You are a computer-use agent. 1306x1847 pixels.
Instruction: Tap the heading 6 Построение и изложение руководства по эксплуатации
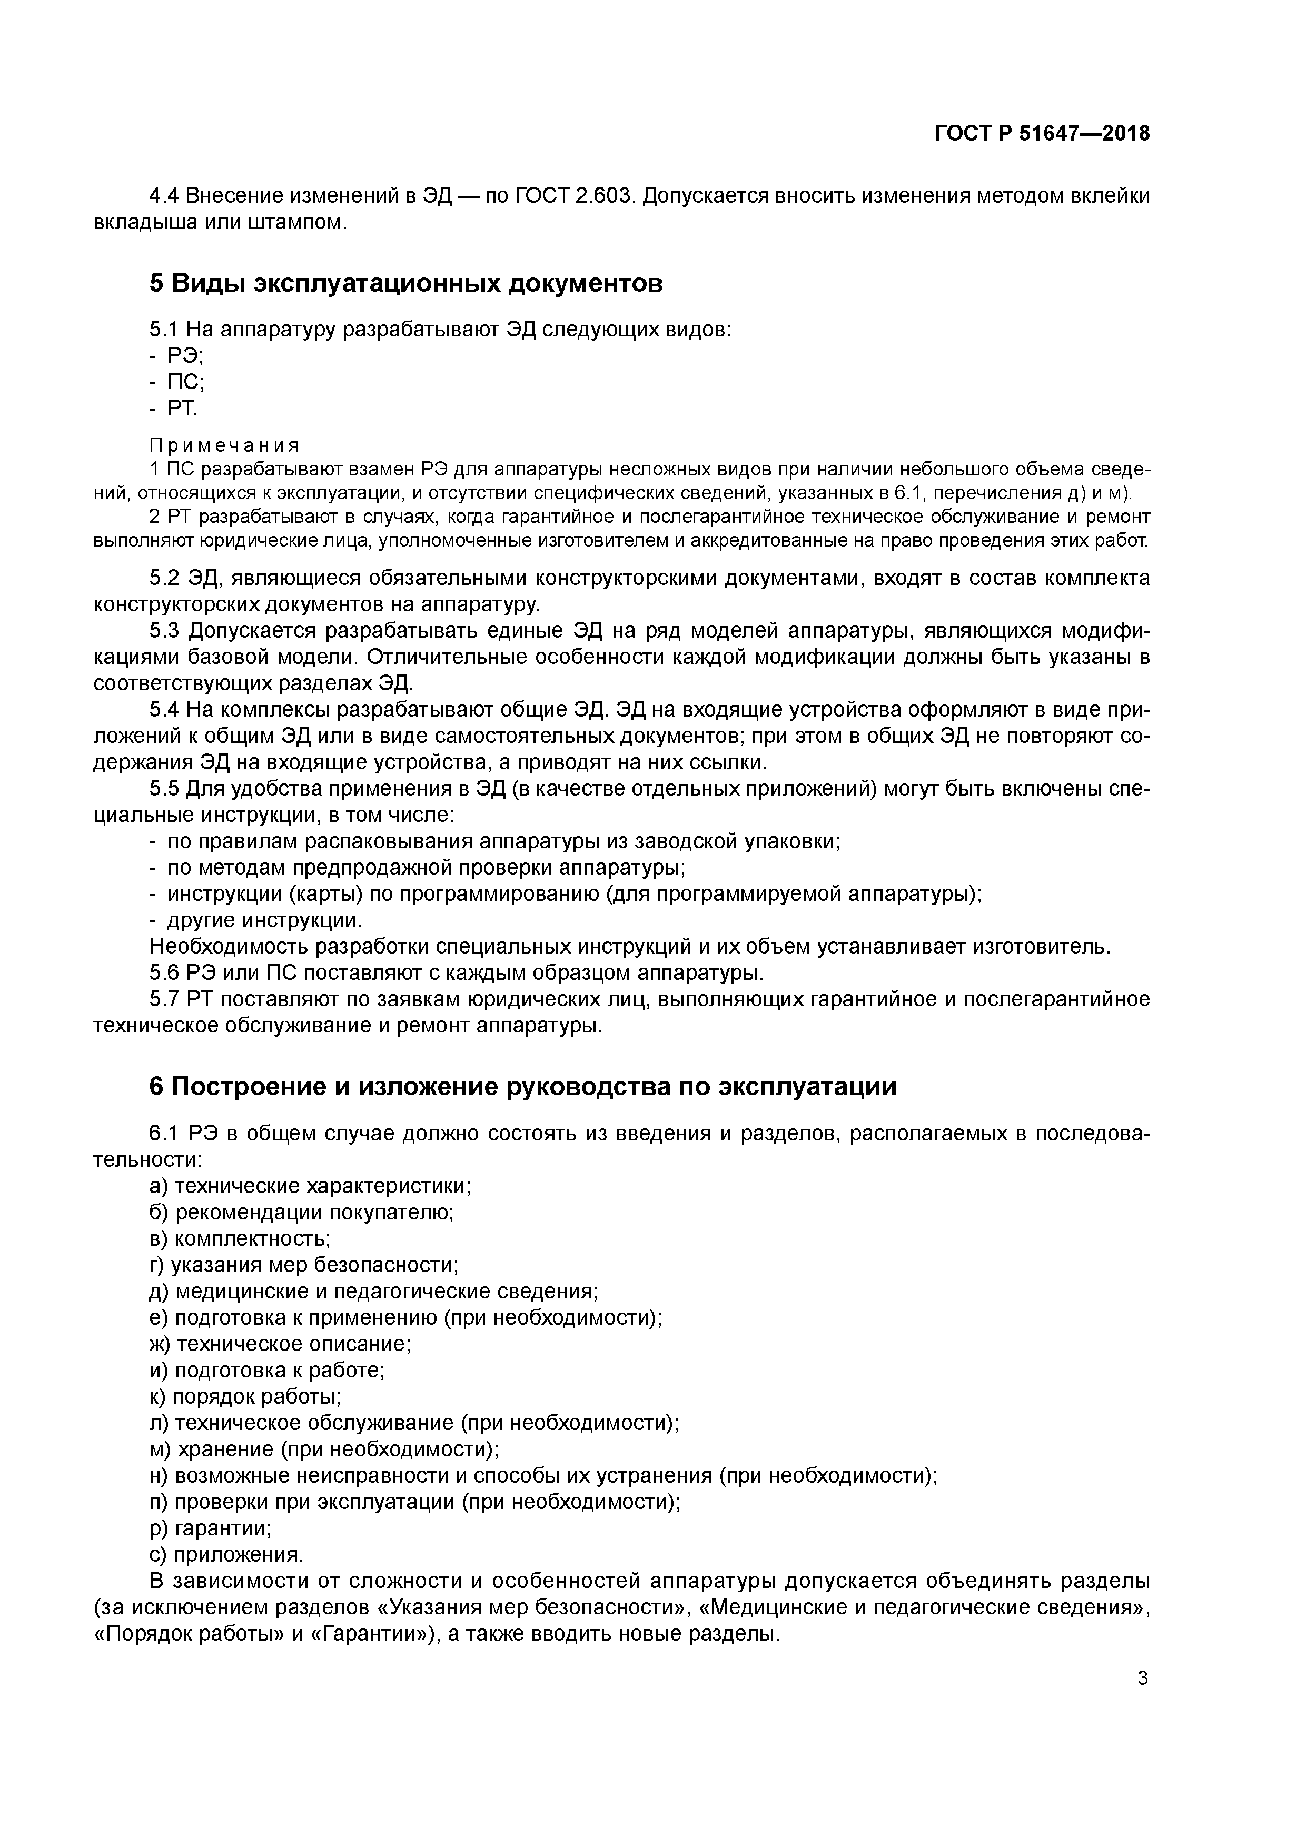522,1087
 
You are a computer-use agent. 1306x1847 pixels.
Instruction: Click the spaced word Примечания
224,445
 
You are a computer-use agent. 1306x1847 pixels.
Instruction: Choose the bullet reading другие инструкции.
264,919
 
